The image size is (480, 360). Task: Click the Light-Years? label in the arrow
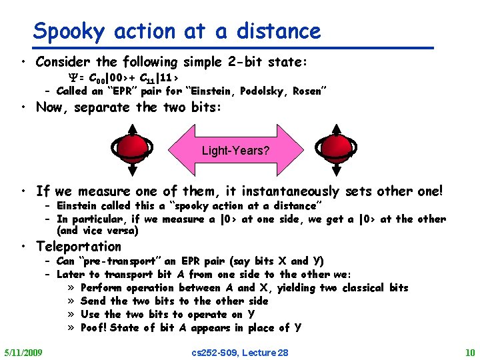(x=235, y=151)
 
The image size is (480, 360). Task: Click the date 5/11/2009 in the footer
(x=23, y=352)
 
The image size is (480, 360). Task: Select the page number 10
(x=470, y=352)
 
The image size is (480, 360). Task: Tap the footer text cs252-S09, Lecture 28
(x=240, y=352)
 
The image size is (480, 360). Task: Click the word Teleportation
(x=79, y=246)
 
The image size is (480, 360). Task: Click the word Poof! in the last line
(x=94, y=327)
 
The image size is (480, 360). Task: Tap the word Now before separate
(x=50, y=107)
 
